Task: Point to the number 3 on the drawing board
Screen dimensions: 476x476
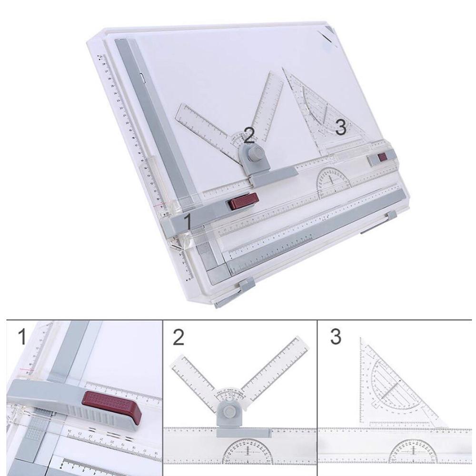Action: pos(340,127)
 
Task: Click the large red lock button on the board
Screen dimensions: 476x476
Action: pos(243,201)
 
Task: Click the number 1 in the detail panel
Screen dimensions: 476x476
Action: pos(21,337)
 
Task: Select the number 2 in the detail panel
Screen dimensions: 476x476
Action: pos(178,337)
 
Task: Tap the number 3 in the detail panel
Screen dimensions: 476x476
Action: pos(336,337)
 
